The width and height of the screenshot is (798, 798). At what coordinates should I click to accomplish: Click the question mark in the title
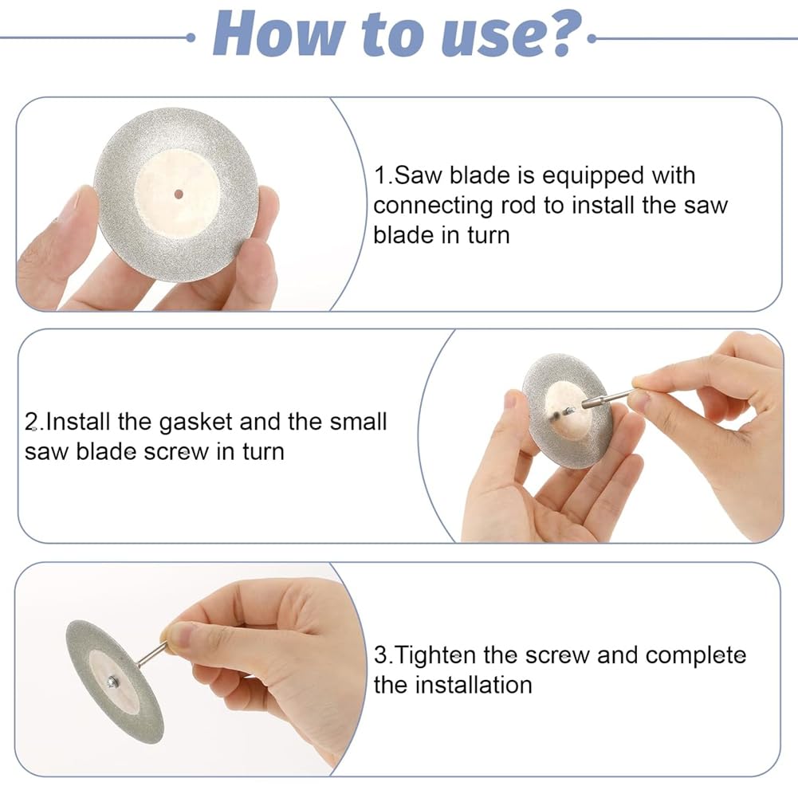tap(564, 33)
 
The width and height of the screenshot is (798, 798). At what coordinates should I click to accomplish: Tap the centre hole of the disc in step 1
tap(178, 194)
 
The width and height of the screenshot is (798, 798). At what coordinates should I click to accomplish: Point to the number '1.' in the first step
tap(383, 175)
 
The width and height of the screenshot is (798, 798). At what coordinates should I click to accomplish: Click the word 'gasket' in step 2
tap(195, 423)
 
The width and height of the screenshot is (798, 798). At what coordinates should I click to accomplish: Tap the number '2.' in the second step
tap(34, 422)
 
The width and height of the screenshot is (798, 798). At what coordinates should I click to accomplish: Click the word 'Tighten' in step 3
tap(434, 655)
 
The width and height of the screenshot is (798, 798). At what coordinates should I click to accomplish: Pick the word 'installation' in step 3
tap(474, 685)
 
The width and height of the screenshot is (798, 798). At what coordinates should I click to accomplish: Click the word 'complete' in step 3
tap(696, 656)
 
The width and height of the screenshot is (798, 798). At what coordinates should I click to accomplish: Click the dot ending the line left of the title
tap(191, 37)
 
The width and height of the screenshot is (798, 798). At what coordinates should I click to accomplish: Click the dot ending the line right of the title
tap(592, 38)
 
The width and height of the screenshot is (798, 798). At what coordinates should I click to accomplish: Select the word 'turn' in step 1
tap(488, 236)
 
